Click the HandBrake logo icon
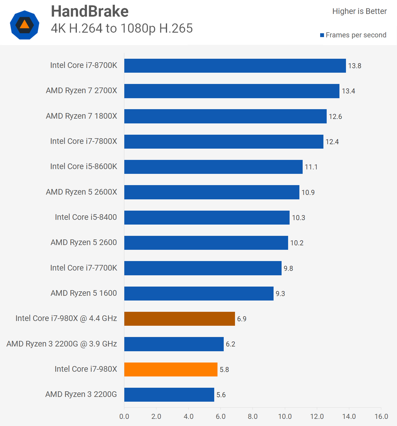click(25, 25)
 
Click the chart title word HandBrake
click(90, 12)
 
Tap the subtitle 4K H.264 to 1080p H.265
click(122, 28)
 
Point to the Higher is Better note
click(359, 11)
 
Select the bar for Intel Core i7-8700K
click(235, 66)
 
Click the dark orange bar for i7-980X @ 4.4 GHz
click(180, 319)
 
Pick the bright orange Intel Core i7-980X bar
click(171, 369)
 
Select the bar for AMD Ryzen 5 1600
click(199, 293)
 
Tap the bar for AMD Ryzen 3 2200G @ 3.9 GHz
click(174, 344)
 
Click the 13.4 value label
click(348, 91)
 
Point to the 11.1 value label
click(311, 167)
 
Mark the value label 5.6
click(221, 395)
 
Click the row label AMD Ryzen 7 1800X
click(81, 116)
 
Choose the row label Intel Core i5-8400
click(86, 217)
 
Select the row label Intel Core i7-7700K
click(83, 268)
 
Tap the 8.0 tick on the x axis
click(253, 417)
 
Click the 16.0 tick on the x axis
click(381, 417)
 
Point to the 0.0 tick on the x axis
click(124, 417)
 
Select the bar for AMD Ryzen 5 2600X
click(212, 192)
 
